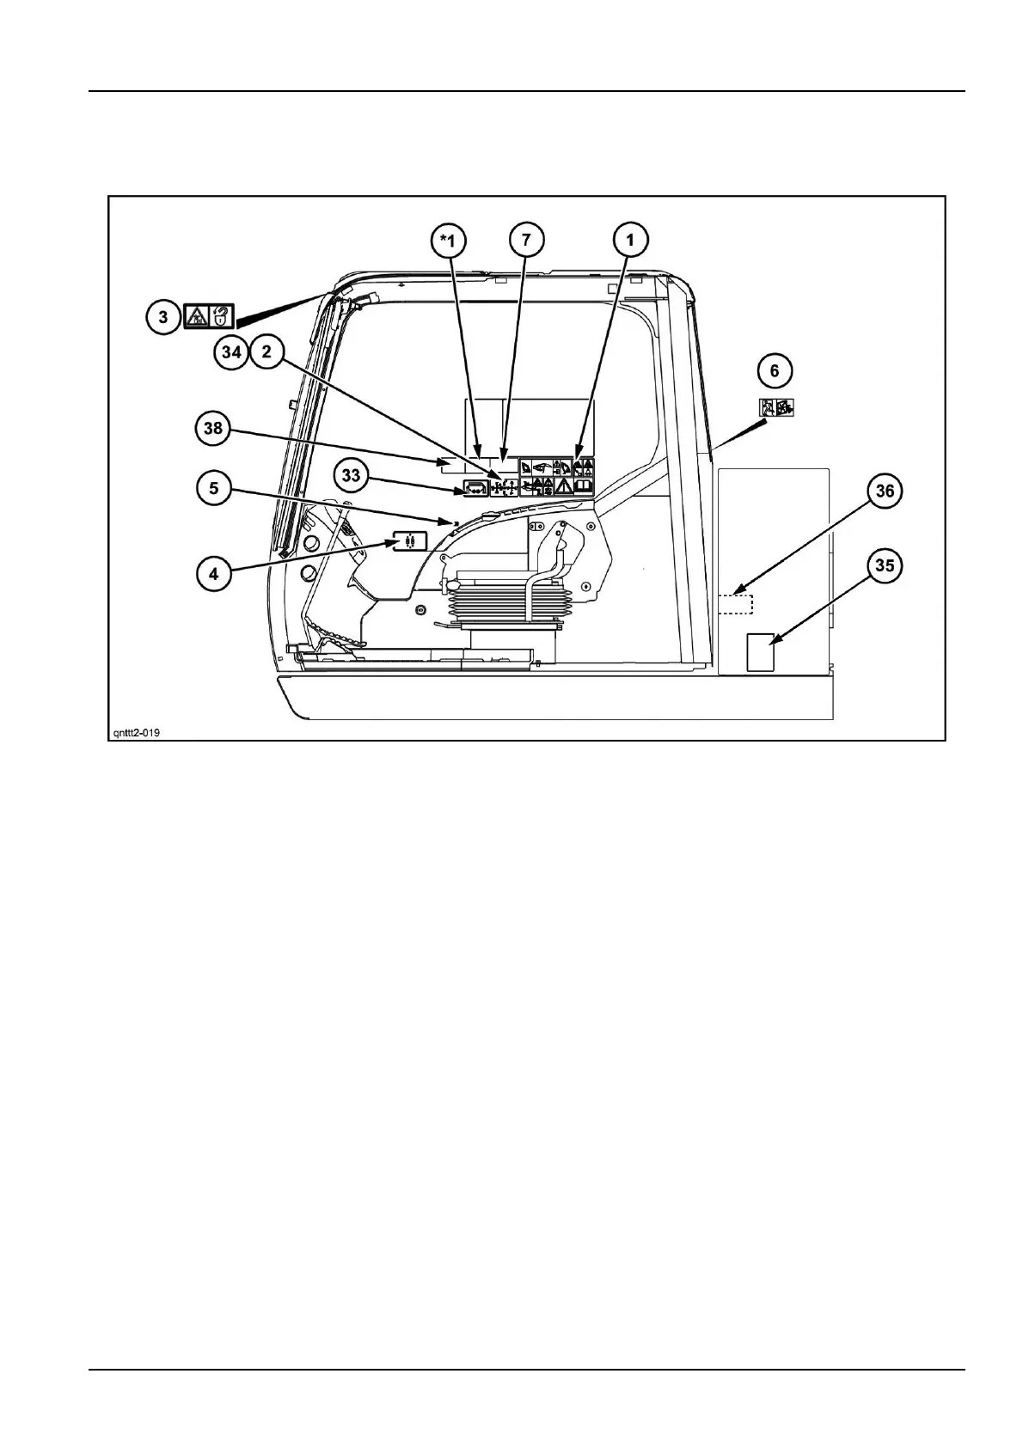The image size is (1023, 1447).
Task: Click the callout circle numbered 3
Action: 162,316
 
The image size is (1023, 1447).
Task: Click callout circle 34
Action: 233,353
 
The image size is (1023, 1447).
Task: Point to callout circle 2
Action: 266,353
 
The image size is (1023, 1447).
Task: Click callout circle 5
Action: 213,489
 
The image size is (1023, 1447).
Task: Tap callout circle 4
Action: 213,572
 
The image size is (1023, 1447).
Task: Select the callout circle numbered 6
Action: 775,371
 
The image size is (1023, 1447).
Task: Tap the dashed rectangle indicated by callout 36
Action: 735,603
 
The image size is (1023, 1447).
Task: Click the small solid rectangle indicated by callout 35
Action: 760,651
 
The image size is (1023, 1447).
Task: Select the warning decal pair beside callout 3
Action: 209,316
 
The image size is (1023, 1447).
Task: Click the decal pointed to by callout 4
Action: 409,541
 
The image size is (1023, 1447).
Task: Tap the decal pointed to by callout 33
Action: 475,488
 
